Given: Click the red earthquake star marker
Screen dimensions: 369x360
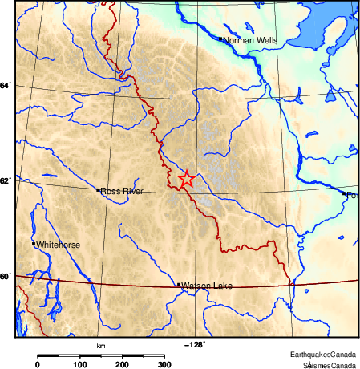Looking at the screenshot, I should click(x=186, y=180).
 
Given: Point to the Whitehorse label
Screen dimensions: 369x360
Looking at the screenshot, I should click(x=58, y=245).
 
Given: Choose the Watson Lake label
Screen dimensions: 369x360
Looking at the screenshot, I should click(x=206, y=286).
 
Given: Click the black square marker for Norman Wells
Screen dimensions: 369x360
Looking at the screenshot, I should click(x=220, y=38).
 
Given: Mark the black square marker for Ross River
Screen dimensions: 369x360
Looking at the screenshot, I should click(x=98, y=190).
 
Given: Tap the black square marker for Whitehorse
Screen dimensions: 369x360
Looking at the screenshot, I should click(x=34, y=244).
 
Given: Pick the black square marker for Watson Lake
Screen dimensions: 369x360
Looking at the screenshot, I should click(x=178, y=285).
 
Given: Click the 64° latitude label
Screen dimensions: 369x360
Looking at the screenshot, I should click(x=6, y=84).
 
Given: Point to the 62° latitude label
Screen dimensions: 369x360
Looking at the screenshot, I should click(x=6, y=180).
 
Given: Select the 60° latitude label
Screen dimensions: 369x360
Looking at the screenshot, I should click(x=6, y=277).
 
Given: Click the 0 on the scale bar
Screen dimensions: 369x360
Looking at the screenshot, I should click(x=37, y=364).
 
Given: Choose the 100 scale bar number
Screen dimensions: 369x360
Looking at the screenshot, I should click(x=80, y=364).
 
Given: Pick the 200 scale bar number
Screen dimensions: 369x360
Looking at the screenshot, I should click(x=123, y=364).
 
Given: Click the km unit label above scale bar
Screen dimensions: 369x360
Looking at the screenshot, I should click(x=101, y=346).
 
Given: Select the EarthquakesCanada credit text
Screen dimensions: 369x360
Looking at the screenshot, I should click(x=323, y=355).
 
